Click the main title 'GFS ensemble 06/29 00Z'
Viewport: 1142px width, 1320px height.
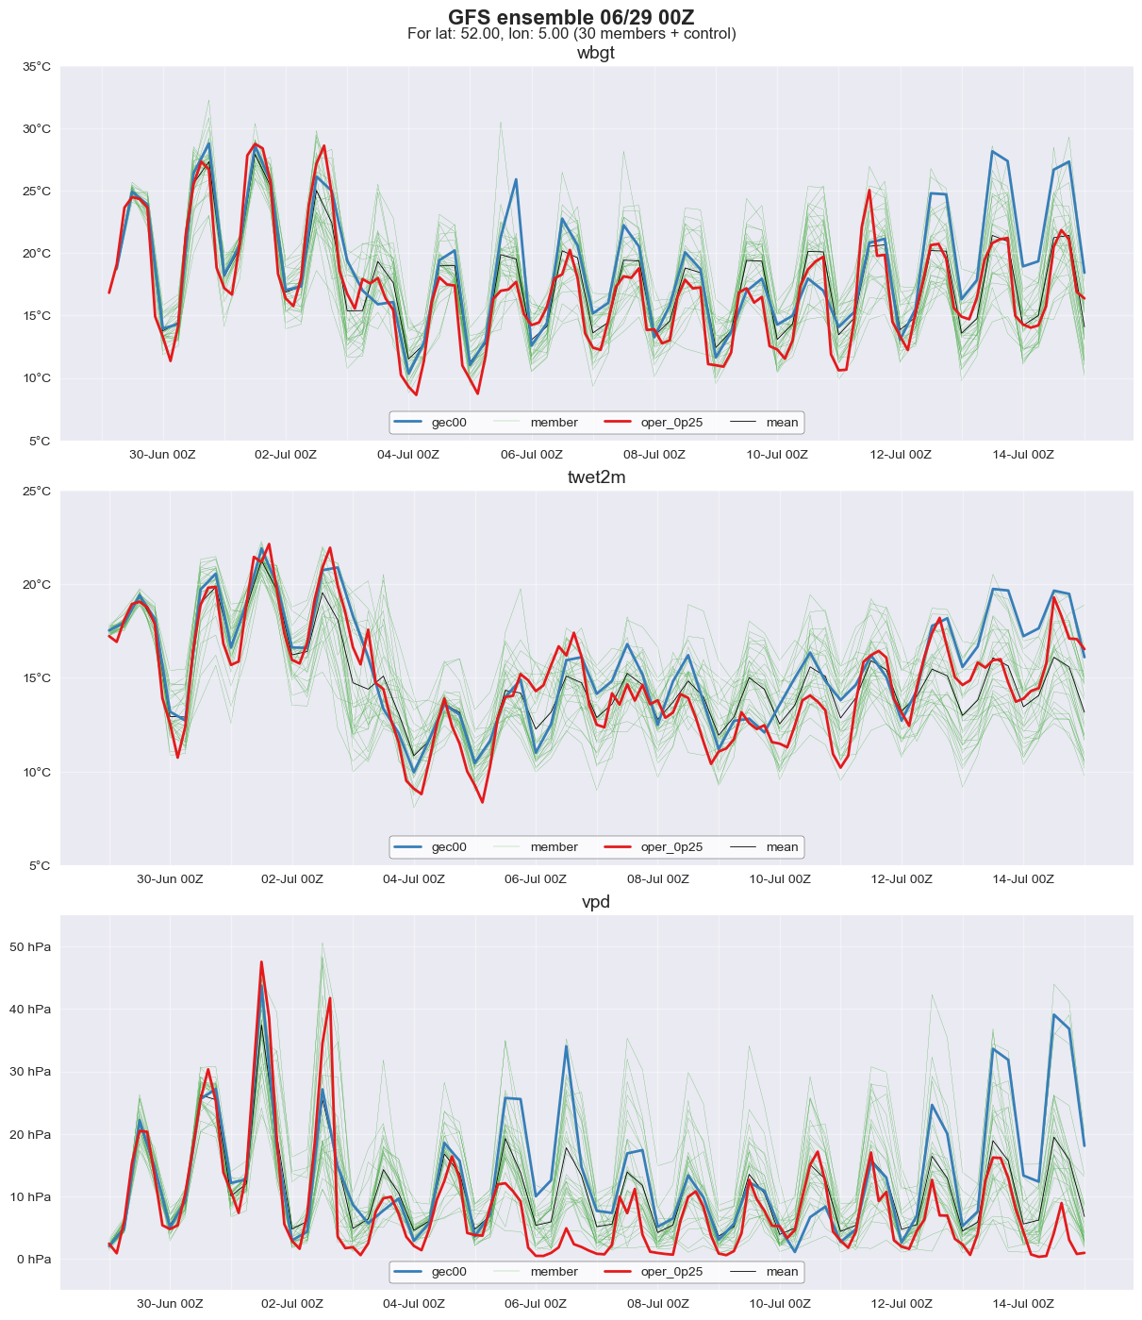[571, 17]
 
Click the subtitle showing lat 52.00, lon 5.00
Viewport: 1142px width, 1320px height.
[571, 34]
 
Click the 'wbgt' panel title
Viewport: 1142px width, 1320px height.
[596, 53]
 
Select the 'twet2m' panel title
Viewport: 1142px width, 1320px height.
[596, 477]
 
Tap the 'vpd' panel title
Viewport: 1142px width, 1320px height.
[596, 902]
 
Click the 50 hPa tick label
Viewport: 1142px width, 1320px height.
[31, 947]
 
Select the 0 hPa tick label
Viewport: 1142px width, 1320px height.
[34, 1260]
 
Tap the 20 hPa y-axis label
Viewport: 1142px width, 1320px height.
[31, 1135]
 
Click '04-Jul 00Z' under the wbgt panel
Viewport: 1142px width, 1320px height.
[408, 455]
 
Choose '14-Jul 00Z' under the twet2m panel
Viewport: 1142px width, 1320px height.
[1022, 879]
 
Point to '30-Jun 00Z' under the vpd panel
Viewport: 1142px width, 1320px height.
[170, 1304]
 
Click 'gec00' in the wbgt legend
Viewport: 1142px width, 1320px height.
[449, 423]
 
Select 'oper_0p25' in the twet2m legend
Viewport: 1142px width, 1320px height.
[671, 847]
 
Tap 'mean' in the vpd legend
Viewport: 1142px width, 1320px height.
[782, 1272]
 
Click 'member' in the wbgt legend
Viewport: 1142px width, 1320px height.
[554, 423]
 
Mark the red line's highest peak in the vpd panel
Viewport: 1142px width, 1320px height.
[261, 961]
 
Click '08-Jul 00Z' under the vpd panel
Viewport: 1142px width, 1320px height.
[657, 1304]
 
